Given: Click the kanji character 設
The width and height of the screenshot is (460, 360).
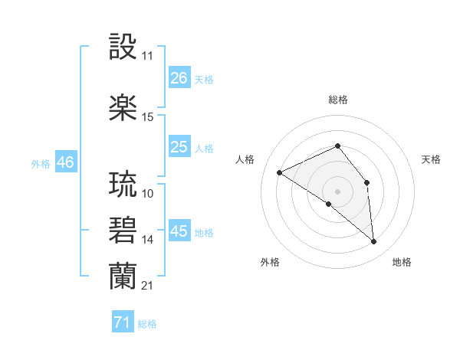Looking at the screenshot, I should click(x=124, y=48).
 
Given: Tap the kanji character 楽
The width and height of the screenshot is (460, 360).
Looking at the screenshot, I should click(x=124, y=108).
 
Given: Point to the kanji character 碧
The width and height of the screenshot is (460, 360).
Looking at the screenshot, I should click(x=124, y=231).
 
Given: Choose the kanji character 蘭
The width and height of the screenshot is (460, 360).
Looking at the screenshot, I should click(x=124, y=276).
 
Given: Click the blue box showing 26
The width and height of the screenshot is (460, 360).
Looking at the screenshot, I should click(x=179, y=78).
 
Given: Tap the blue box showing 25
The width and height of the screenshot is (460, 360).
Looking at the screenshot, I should click(x=179, y=147).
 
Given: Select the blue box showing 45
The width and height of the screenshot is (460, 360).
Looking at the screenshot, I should click(x=179, y=231).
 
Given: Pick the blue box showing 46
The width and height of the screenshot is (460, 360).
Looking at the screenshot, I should click(x=65, y=162).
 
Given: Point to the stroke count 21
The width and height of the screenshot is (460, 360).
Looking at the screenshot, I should click(x=147, y=285).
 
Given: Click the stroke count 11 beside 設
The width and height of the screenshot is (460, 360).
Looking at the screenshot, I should click(x=147, y=57).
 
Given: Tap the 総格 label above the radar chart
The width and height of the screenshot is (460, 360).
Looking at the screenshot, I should click(x=337, y=100).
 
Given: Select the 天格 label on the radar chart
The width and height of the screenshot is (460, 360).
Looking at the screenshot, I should click(x=431, y=159).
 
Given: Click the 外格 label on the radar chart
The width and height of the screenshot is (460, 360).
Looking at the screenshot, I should click(x=270, y=262).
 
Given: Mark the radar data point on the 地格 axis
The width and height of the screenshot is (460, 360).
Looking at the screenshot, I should click(x=374, y=242).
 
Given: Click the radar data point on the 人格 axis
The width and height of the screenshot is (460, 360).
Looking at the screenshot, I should click(x=280, y=172).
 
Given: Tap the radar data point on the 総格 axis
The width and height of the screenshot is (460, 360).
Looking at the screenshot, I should click(x=337, y=146).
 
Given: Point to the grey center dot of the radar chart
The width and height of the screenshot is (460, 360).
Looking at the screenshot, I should click(x=337, y=191).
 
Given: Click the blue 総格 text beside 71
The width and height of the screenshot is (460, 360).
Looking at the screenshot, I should click(x=147, y=324).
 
